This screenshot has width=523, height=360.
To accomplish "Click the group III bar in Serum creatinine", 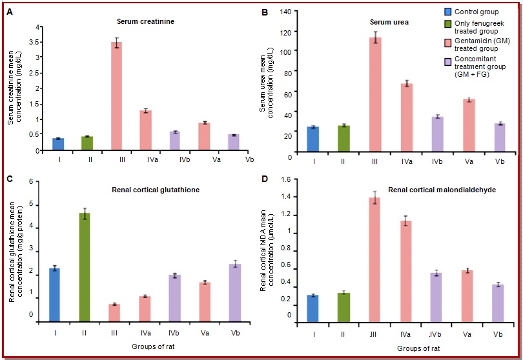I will point(117,96).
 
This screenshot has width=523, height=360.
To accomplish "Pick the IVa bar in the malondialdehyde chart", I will point(405,271).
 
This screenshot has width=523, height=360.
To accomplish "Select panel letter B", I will point(265,11).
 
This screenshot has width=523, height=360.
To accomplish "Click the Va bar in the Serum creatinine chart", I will point(204,136).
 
